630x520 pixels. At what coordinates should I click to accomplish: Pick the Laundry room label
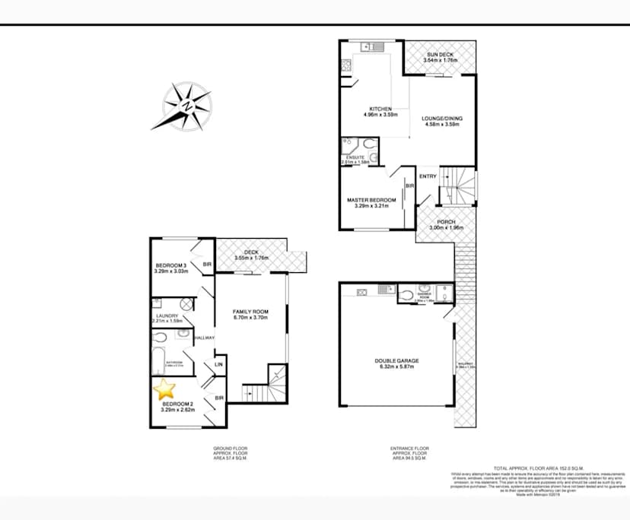[x=167, y=316]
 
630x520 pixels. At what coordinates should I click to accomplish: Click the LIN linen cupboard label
[x=218, y=365]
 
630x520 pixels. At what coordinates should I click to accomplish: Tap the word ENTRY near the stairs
[x=428, y=176]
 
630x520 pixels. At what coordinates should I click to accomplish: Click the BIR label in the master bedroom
[x=409, y=185]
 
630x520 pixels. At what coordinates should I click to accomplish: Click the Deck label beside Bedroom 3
[x=251, y=252]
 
